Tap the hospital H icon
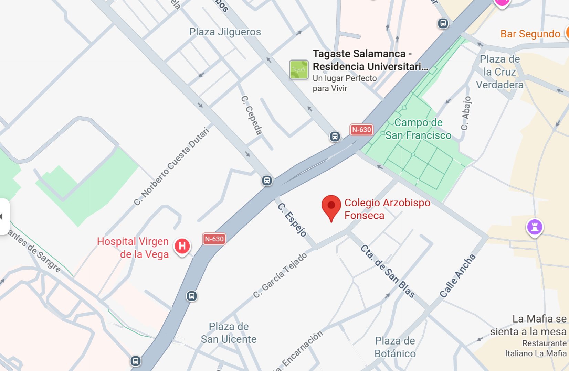coord(182,246)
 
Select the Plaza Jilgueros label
coord(225,32)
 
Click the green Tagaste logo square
coord(299,69)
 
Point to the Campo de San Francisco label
coord(418,129)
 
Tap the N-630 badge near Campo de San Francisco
coord(361,130)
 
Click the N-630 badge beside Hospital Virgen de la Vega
coord(214,239)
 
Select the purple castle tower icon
coord(535,227)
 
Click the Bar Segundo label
coord(530,34)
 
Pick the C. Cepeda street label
coord(252,115)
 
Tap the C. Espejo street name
coord(292,220)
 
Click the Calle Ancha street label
coord(457,276)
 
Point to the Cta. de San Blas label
coord(388,271)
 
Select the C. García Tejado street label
coord(280,275)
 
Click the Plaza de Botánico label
coord(395,347)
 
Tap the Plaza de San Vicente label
coord(229,332)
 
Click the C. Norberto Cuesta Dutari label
coord(172,166)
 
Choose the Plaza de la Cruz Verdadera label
coord(499,72)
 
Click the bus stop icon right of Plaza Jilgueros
coord(443,23)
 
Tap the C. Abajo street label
coord(466,113)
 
